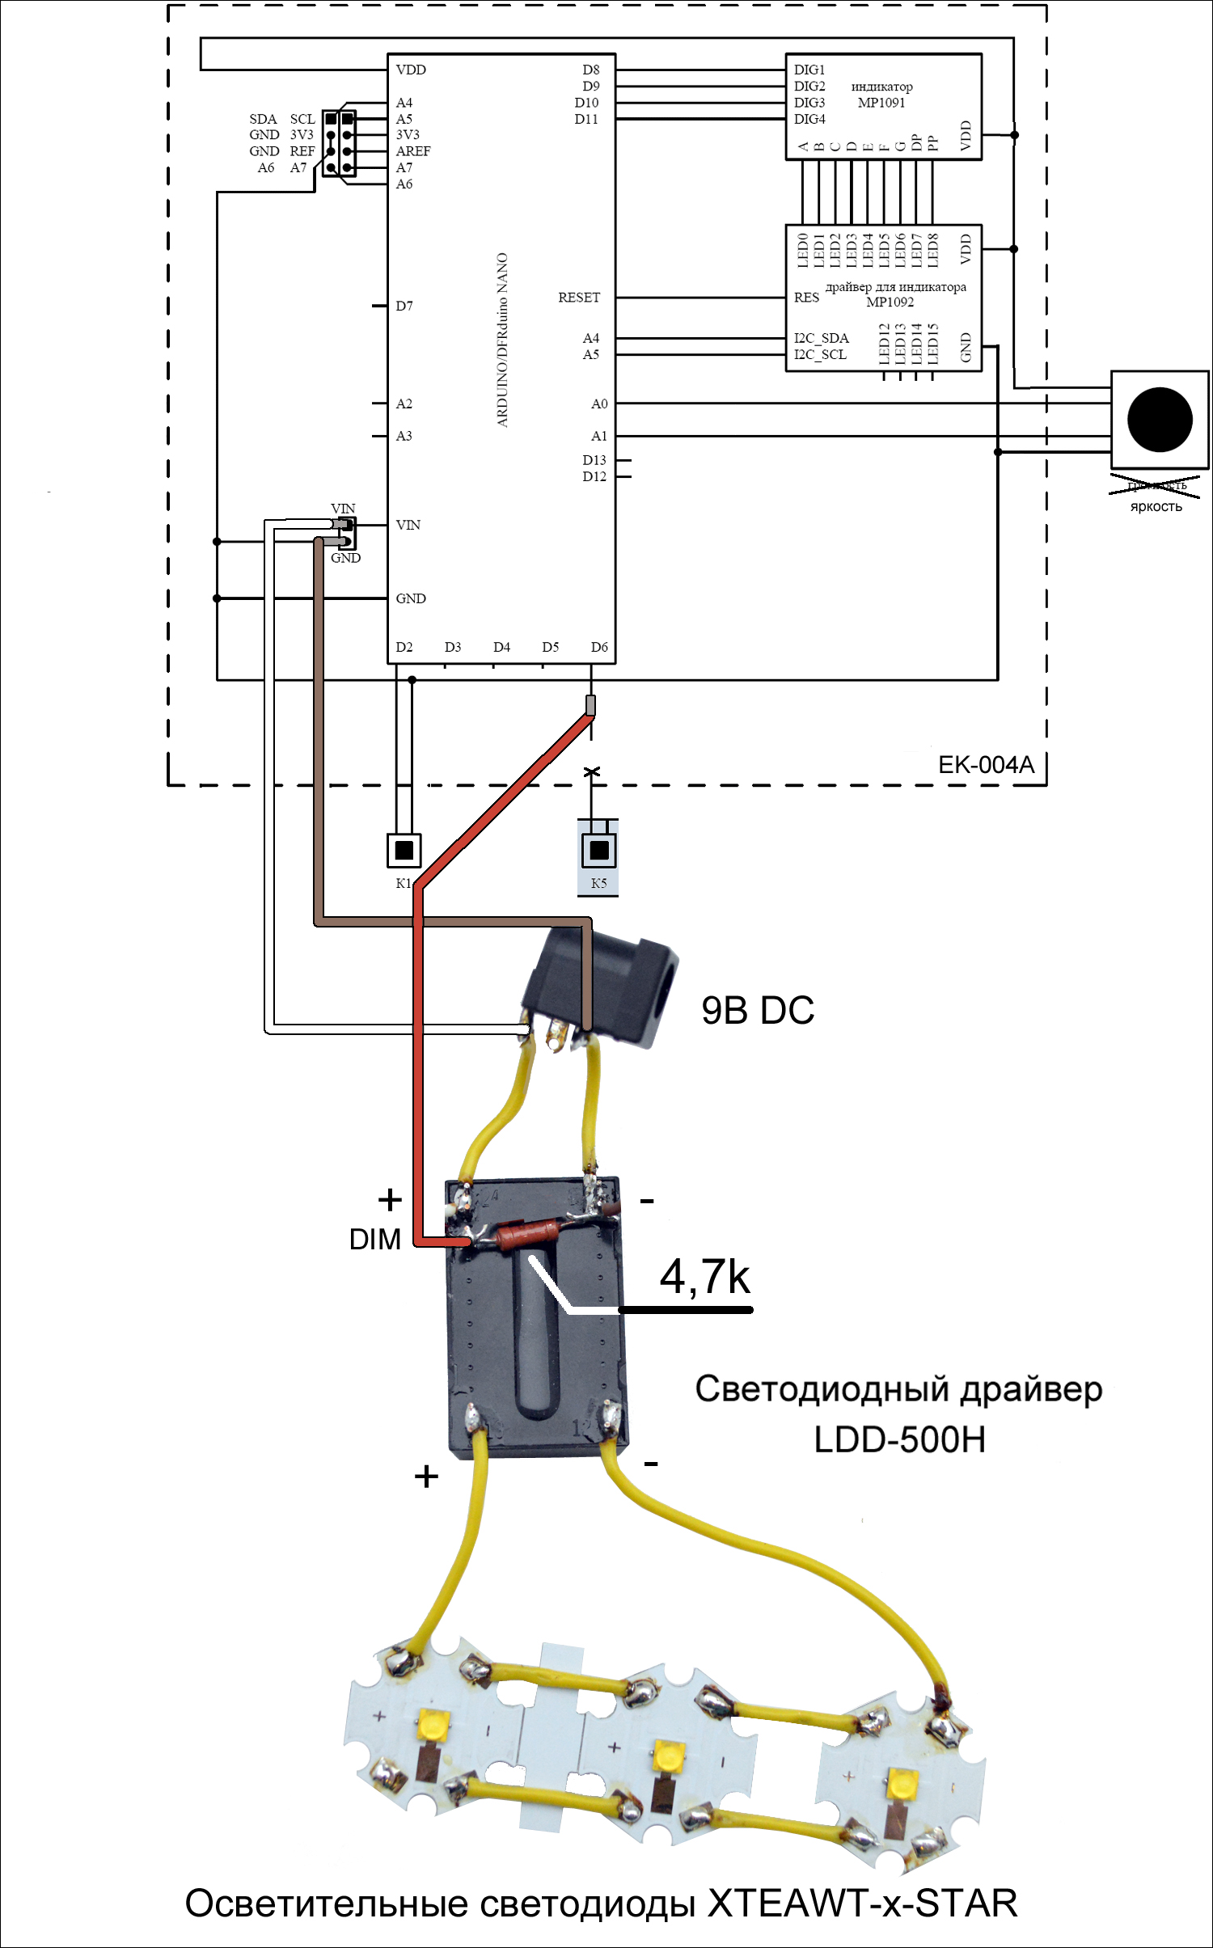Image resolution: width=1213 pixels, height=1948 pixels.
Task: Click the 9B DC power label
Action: tap(757, 1011)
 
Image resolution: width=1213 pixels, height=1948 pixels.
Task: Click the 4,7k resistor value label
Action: tap(704, 1278)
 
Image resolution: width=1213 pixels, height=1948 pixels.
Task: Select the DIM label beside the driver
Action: tap(374, 1240)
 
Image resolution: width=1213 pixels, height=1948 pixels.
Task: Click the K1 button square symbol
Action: tap(404, 851)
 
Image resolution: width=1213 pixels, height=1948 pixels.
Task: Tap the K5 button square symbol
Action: tap(599, 851)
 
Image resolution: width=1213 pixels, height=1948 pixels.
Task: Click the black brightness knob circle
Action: tap(1159, 420)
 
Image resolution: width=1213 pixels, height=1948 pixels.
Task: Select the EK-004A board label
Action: tap(986, 765)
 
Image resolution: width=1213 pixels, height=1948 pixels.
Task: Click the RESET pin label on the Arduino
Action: tap(579, 298)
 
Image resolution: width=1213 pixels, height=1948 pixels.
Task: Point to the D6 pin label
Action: tap(599, 647)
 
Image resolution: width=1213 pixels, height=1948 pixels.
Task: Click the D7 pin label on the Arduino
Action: tap(404, 306)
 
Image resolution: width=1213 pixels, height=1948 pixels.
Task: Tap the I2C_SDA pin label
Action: tap(821, 338)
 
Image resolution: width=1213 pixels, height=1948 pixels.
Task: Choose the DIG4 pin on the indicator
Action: tap(809, 119)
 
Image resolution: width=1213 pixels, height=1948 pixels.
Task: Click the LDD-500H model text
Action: tap(899, 1440)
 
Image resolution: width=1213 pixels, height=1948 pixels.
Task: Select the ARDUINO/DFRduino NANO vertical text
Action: tap(502, 340)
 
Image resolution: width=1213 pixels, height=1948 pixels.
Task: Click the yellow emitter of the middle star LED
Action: tap(668, 1756)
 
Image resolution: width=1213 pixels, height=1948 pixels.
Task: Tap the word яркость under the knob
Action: tap(1156, 507)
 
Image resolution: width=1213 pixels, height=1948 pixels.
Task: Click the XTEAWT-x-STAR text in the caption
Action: tap(862, 1904)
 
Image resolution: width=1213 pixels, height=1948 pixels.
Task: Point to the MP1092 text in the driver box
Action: tap(890, 302)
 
